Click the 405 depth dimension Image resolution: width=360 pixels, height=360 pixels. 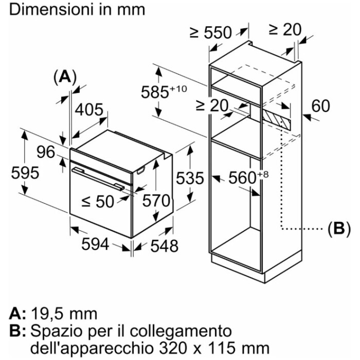(89, 110)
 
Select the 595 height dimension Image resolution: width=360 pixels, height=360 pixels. (25, 173)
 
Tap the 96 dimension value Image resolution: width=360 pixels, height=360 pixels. (46, 152)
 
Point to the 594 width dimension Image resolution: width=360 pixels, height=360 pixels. (95, 244)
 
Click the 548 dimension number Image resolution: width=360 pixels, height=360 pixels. (165, 246)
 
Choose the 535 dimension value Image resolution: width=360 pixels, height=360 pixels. (190, 178)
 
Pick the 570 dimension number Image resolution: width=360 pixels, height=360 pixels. (156, 201)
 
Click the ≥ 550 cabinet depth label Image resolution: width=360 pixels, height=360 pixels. (211, 32)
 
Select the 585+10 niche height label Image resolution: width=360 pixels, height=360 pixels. (164, 92)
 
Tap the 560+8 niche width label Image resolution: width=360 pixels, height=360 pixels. (248, 177)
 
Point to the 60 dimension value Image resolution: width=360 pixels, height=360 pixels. (320, 106)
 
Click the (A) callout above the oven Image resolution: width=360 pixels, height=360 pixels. (65, 77)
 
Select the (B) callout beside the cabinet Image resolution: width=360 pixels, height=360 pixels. (339, 229)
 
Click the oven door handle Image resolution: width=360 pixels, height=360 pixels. (98, 179)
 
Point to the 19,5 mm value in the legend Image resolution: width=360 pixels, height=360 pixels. (64, 314)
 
